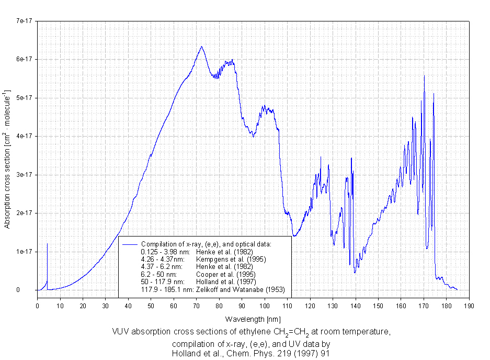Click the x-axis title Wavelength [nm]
pyautogui.click(x=253, y=319)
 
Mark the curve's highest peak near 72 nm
pyautogui.click(x=201, y=47)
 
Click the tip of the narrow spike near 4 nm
pyautogui.click(x=47, y=244)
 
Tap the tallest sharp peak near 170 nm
pyautogui.click(x=424, y=75)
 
